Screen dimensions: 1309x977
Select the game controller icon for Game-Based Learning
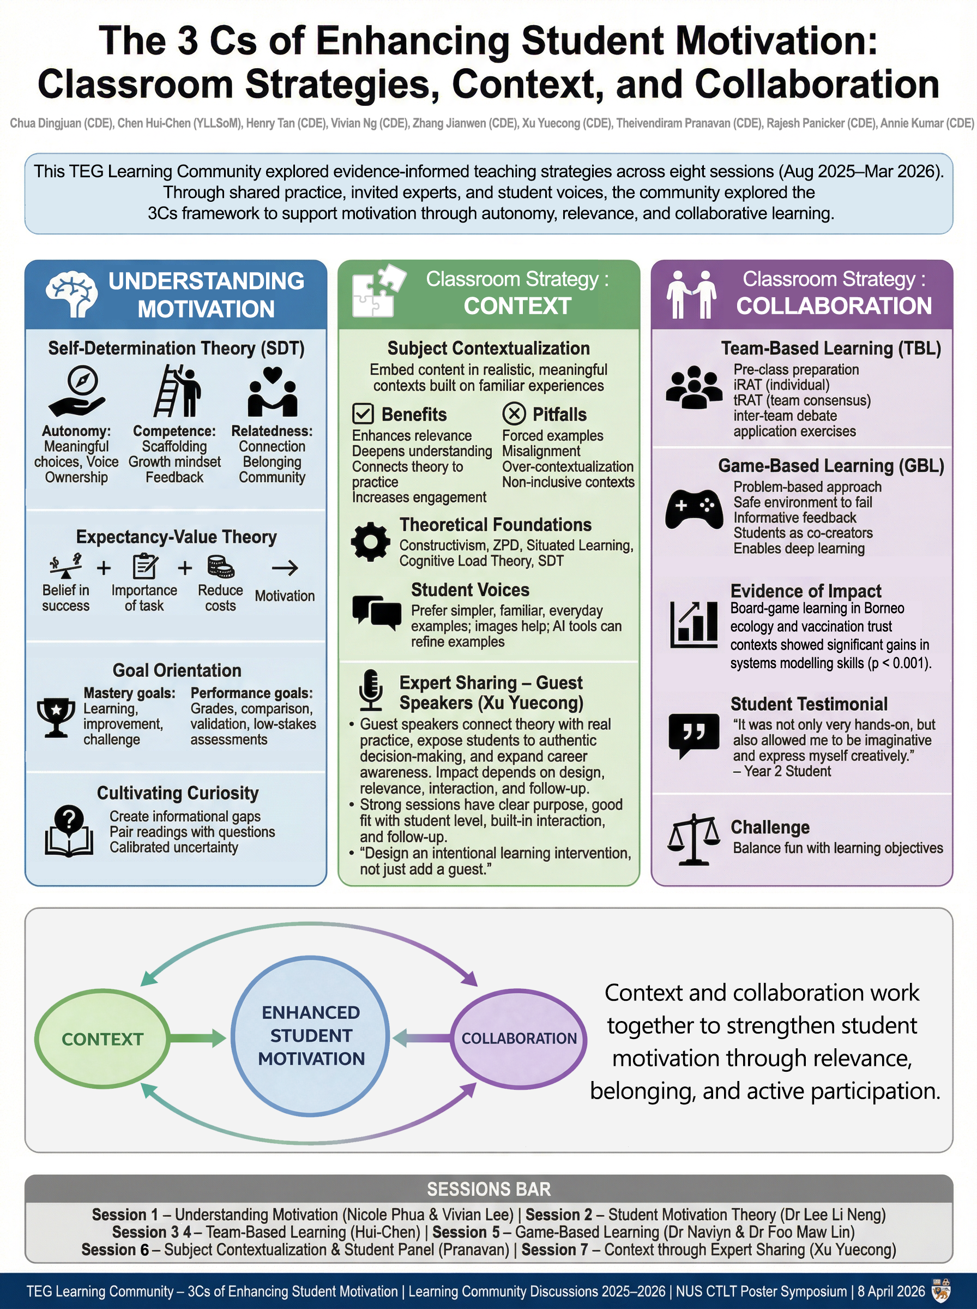pyautogui.click(x=693, y=509)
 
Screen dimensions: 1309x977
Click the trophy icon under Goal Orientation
pyautogui.click(x=56, y=716)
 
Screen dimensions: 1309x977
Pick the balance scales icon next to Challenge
pyautogui.click(x=693, y=839)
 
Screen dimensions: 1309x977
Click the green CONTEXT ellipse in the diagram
pyautogui.click(x=102, y=1038)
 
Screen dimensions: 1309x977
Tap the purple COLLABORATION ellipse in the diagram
pyautogui.click(x=518, y=1038)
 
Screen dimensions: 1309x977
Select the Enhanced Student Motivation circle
pyautogui.click(x=310, y=1035)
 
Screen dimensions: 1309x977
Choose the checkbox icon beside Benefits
pyautogui.click(x=363, y=413)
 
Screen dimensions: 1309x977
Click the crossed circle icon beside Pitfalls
pyautogui.click(x=514, y=413)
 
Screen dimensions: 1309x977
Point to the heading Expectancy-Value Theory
pyautogui.click(x=176, y=537)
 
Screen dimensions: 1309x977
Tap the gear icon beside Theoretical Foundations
pyautogui.click(x=371, y=541)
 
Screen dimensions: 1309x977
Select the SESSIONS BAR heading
pyautogui.click(x=489, y=1189)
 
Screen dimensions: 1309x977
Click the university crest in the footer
pyautogui.click(x=940, y=1290)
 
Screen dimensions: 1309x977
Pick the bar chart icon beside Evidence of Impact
pyautogui.click(x=693, y=624)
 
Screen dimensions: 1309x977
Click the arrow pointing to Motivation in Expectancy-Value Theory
pyautogui.click(x=285, y=568)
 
